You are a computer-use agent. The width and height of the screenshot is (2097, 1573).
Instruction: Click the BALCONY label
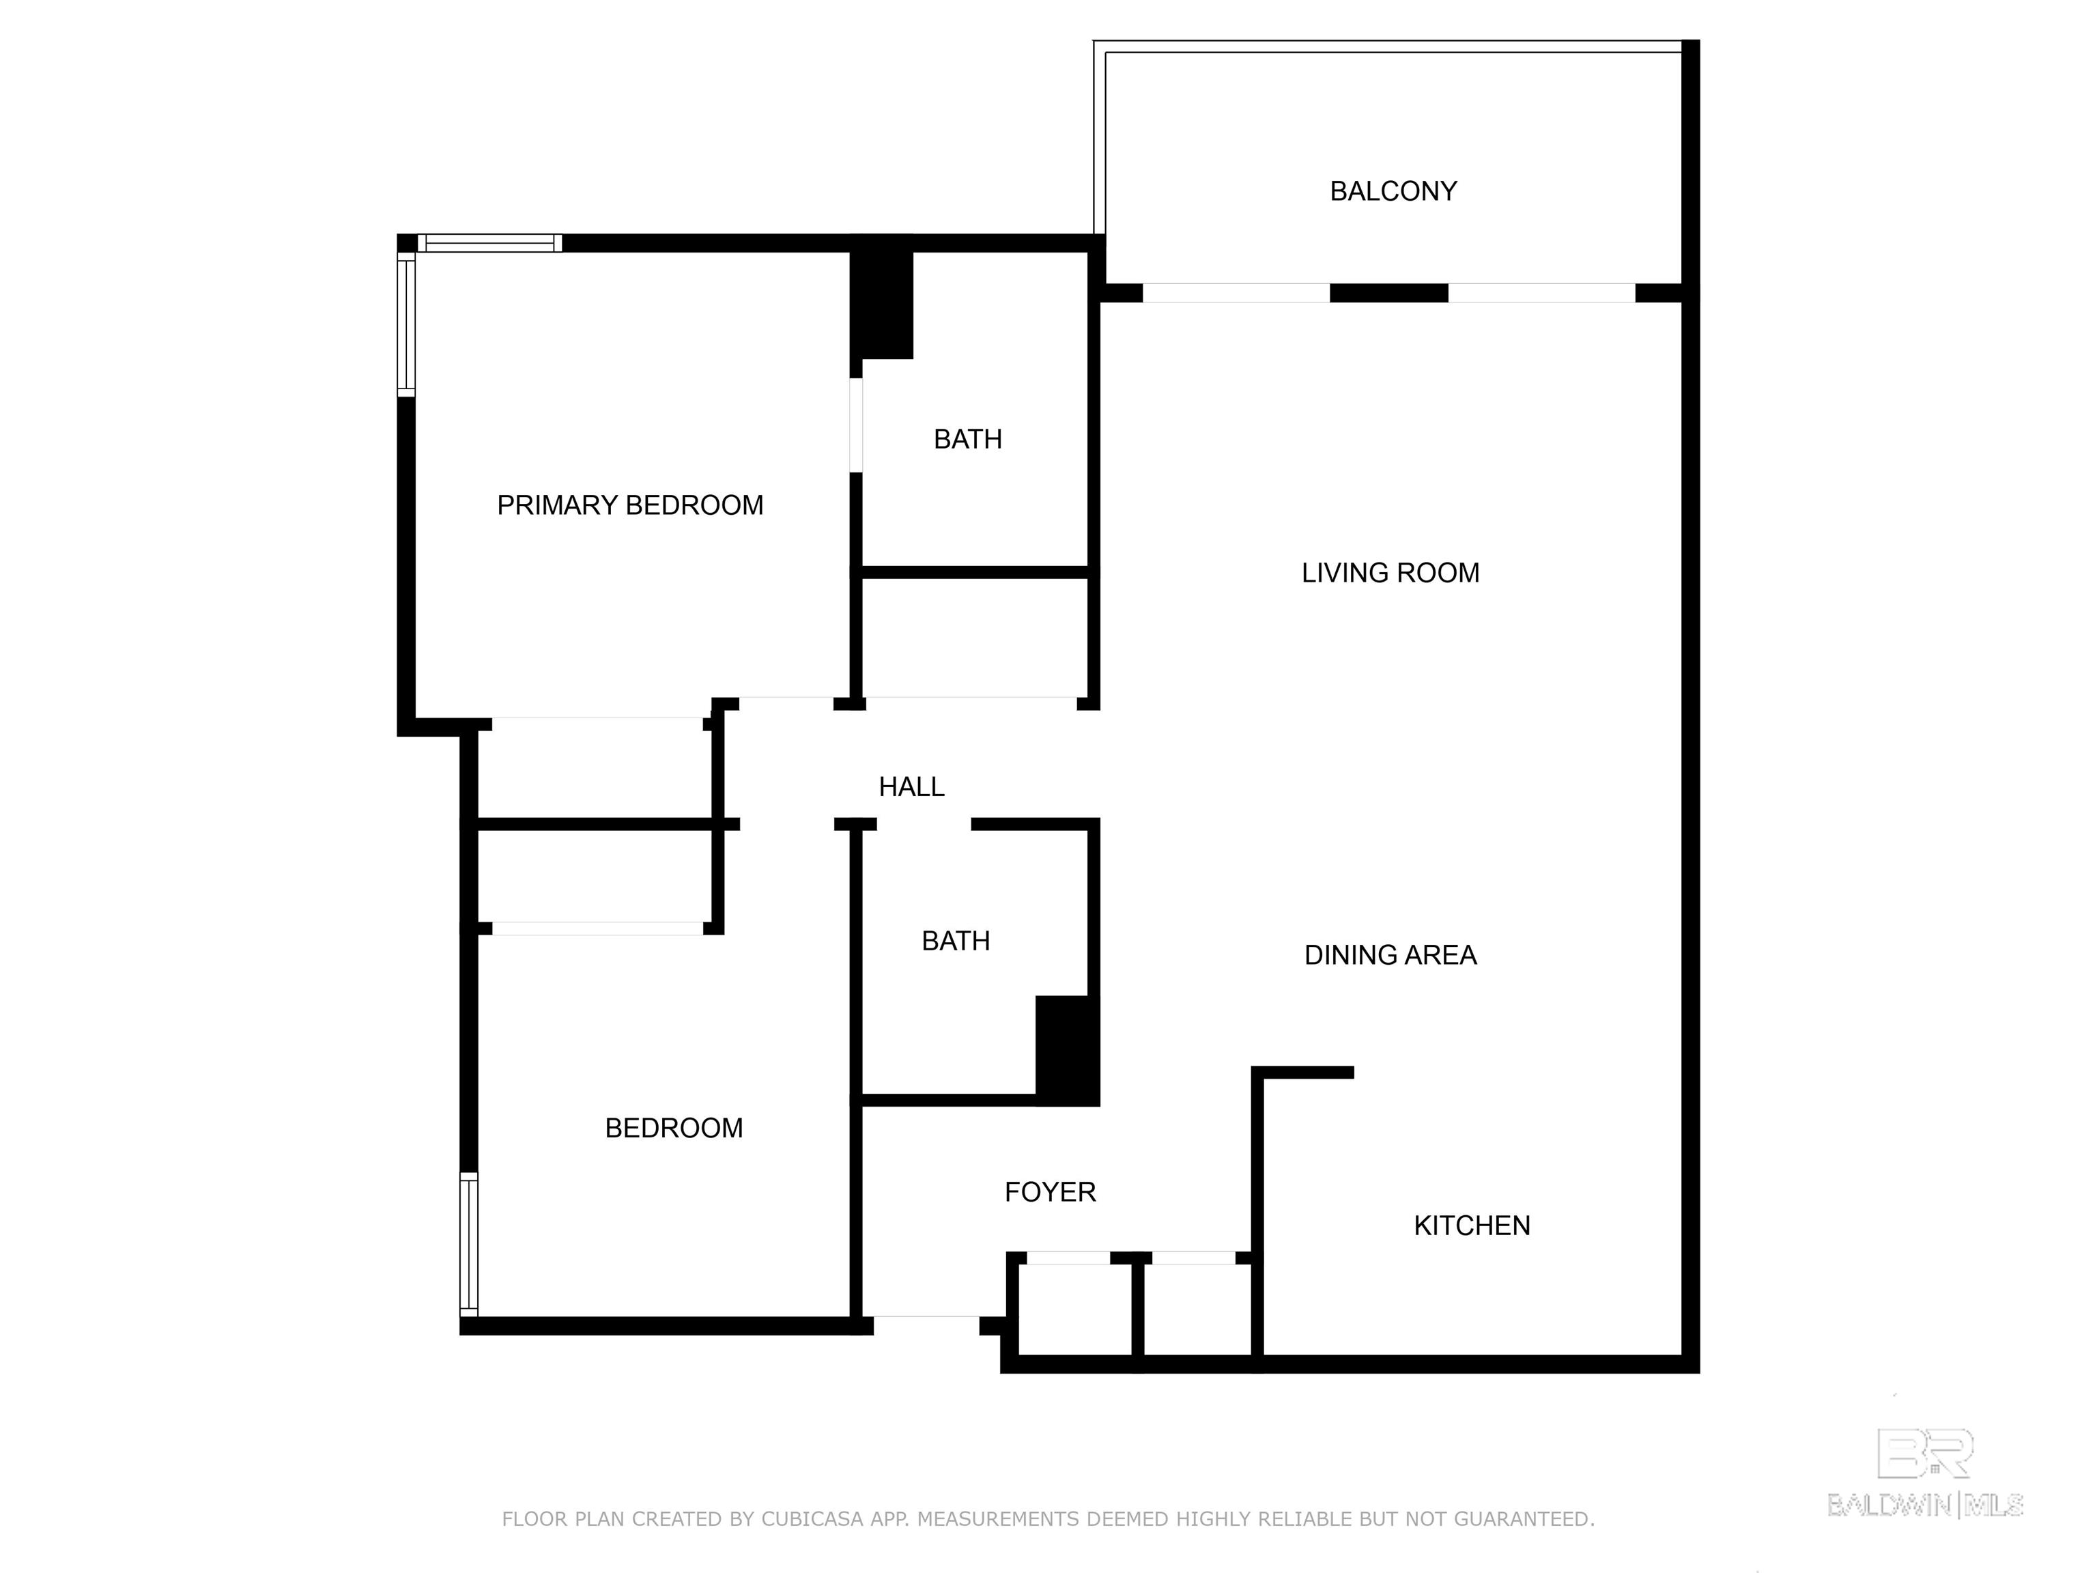1393,192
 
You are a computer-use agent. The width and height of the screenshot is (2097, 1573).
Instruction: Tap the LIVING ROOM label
1390,573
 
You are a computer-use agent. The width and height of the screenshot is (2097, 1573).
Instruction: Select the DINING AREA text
1390,955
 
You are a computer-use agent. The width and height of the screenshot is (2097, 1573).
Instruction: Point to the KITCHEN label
1471,1226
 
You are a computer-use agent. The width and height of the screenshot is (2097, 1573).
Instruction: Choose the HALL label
911,787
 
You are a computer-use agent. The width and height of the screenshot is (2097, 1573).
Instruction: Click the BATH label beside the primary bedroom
968,439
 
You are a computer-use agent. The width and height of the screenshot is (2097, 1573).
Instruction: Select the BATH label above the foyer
956,941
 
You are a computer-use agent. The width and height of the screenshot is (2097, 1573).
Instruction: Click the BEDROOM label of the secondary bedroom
674,1129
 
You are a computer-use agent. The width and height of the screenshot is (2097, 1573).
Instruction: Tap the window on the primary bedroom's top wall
490,244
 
